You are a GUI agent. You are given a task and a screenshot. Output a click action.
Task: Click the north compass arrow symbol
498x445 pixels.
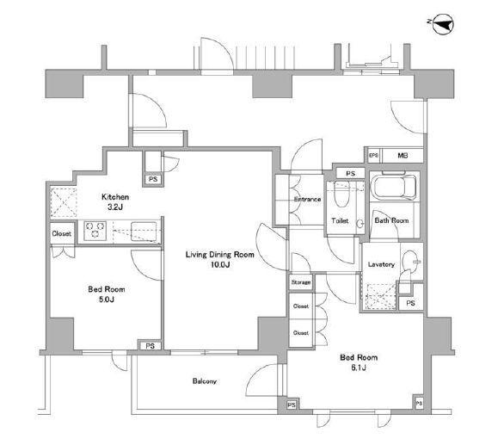[443, 23]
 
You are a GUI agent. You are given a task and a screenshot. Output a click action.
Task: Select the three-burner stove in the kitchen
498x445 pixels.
[95, 231]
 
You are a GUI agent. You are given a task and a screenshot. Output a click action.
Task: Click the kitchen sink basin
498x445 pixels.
[144, 231]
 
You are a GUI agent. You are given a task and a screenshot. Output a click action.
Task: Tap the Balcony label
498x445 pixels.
[205, 380]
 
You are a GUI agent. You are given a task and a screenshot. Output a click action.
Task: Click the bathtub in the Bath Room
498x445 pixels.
[395, 187]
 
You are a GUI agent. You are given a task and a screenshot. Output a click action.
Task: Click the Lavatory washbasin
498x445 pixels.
[410, 261]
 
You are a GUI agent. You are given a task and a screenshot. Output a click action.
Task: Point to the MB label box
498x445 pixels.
[403, 156]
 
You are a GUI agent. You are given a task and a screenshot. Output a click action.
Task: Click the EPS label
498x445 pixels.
[374, 156]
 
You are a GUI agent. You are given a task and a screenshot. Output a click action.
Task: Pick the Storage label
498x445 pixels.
[301, 282]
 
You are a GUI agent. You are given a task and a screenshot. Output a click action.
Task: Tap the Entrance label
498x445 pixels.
[307, 200]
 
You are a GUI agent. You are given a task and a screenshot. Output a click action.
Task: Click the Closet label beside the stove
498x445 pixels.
[62, 233]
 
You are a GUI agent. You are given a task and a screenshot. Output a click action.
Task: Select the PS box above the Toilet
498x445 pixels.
[350, 174]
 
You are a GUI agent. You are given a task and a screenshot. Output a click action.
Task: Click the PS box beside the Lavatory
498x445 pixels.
[410, 303]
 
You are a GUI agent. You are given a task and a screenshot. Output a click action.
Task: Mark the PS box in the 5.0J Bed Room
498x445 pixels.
[151, 345]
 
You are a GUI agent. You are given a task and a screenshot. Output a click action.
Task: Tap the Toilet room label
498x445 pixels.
[340, 220]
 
